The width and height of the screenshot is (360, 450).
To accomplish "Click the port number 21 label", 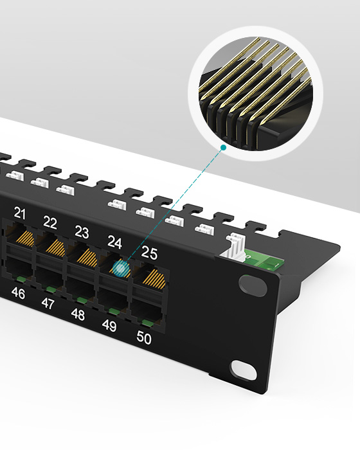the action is click(20, 213).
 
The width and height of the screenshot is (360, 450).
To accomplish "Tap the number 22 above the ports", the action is click(50, 222).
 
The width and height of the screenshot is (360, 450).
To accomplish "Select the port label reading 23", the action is click(82, 232).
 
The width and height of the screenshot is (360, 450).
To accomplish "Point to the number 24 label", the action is click(114, 242).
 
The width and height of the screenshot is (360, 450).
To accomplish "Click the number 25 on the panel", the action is click(149, 253).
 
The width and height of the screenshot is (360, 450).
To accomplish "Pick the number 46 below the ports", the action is click(18, 293).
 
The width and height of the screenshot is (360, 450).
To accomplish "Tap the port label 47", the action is click(48, 303).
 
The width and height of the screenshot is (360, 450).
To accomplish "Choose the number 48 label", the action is click(78, 314).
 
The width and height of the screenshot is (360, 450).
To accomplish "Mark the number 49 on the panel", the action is click(109, 325).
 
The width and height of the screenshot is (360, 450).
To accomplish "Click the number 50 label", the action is click(143, 337).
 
